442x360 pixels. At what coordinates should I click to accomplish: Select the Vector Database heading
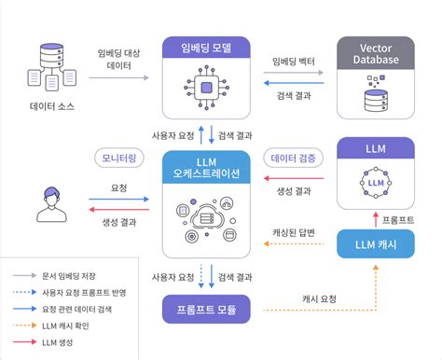click(375, 52)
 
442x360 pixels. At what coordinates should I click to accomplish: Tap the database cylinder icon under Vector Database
click(375, 93)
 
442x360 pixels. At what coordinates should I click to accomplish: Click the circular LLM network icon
click(375, 183)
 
